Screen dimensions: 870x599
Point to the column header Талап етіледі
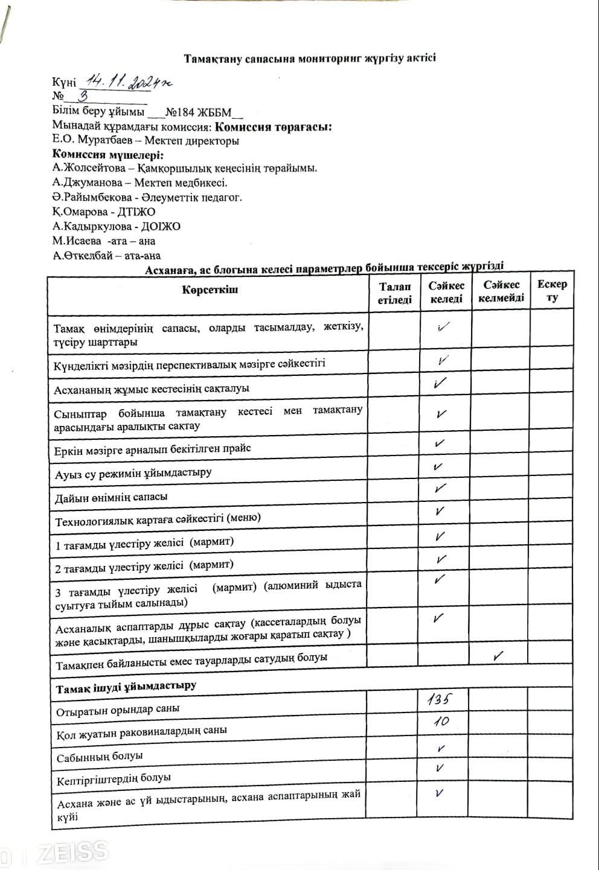[x=395, y=293]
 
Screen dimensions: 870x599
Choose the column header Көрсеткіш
[x=210, y=290]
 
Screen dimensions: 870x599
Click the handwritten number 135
[x=439, y=699]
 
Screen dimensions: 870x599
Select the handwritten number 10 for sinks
[x=441, y=722]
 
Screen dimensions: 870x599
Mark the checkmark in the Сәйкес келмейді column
[x=499, y=656]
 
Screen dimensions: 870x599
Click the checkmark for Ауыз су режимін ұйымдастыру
[x=439, y=467]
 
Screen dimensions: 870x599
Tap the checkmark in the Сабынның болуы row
[x=441, y=749]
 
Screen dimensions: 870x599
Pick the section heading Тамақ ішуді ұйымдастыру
[x=126, y=687]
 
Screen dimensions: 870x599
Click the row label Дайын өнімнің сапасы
[x=112, y=497]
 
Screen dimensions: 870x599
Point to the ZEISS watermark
[x=72, y=852]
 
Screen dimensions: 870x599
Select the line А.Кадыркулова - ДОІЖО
[x=116, y=226]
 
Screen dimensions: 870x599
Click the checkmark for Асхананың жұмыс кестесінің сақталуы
[x=440, y=383]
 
